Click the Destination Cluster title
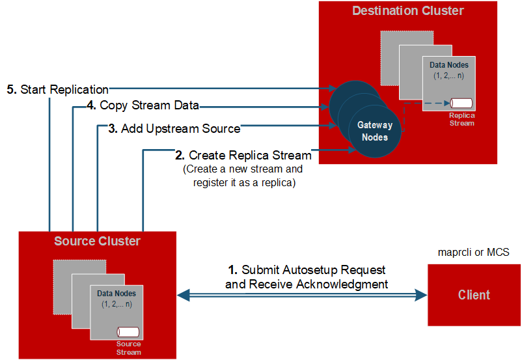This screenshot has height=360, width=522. point(408,11)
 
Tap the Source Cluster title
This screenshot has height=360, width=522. point(97,242)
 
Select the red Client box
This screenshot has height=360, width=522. point(473,295)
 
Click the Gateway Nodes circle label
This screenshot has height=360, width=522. point(375,132)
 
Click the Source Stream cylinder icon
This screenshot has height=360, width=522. point(128,332)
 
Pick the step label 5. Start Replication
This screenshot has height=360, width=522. point(58,89)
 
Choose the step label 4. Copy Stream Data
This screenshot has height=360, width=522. point(143,105)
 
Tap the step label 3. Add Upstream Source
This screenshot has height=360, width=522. point(174,129)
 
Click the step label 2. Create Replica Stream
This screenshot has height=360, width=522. point(243,156)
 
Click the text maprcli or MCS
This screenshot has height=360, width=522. point(474,252)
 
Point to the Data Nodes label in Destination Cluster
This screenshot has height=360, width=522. point(449,65)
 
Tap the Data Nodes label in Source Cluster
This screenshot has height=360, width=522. point(117,294)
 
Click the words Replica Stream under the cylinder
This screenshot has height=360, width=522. point(461,118)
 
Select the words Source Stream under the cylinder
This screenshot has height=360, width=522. point(128,348)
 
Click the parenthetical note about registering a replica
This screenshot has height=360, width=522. point(243,176)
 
